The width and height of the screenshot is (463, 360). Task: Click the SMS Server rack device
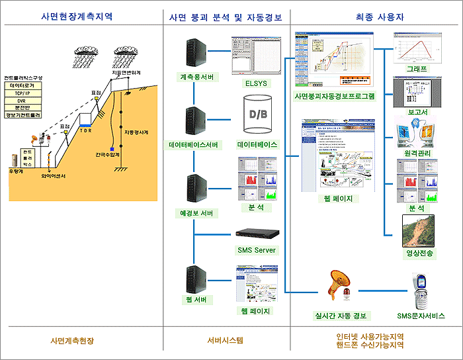(257, 234)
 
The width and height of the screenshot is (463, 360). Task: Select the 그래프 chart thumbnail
(413, 48)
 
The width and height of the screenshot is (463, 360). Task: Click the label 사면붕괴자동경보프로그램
(334, 96)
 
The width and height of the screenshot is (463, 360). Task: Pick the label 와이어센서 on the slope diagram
(53, 177)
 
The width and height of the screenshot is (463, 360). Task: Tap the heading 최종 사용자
(375, 17)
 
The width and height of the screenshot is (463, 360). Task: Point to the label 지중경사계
(136, 132)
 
